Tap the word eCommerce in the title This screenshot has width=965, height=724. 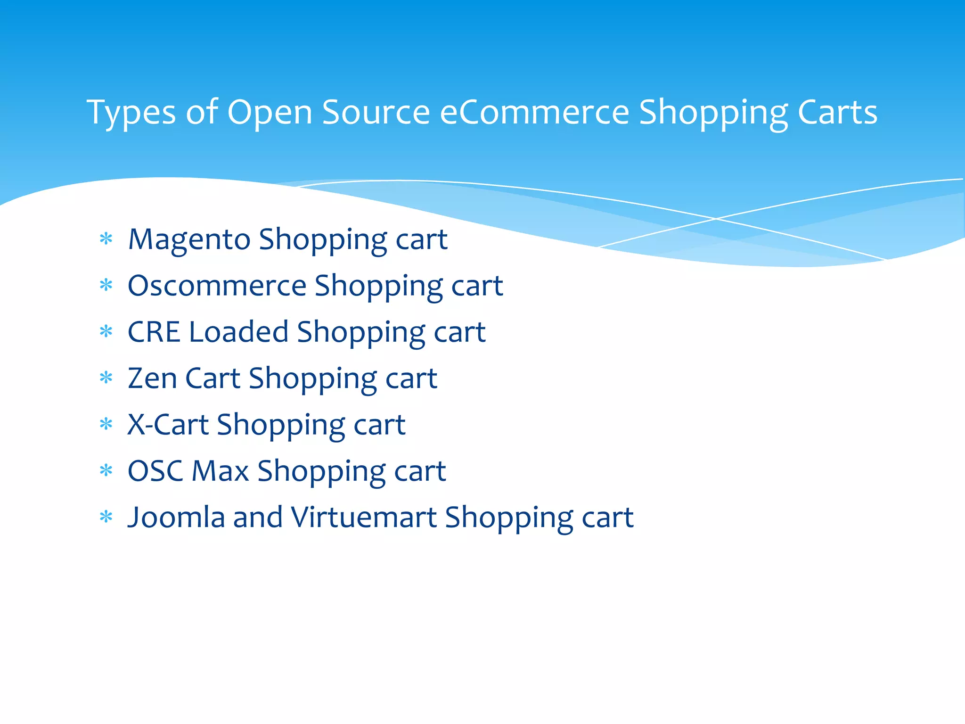pyautogui.click(x=534, y=113)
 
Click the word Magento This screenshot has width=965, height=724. pyautogui.click(x=189, y=240)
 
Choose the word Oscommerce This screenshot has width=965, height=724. pyautogui.click(x=217, y=286)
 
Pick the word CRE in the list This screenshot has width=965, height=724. pyautogui.click(x=154, y=332)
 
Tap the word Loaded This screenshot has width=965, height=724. pyautogui.click(x=238, y=332)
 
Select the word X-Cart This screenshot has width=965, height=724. pyautogui.click(x=168, y=424)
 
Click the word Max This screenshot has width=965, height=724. pyautogui.click(x=220, y=470)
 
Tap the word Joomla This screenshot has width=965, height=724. pyautogui.click(x=176, y=517)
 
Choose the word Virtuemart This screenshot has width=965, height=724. pyautogui.click(x=363, y=517)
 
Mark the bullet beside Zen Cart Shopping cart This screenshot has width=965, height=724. pyautogui.click(x=106, y=378)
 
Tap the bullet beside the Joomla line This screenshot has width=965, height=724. pyautogui.click(x=106, y=517)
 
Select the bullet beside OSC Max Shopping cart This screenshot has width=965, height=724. pyautogui.click(x=106, y=470)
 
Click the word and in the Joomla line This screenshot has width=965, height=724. pyautogui.click(x=258, y=517)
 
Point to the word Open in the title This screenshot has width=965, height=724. pyautogui.click(x=270, y=113)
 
